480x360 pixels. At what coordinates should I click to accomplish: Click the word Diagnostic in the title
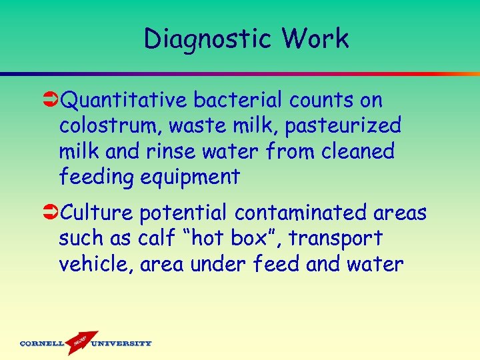click(x=204, y=39)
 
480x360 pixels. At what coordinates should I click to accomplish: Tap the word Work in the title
click(x=315, y=39)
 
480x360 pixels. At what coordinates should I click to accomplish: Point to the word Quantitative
click(x=124, y=101)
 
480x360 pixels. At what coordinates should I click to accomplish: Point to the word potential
click(x=183, y=213)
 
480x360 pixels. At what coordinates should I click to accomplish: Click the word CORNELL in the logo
click(x=41, y=344)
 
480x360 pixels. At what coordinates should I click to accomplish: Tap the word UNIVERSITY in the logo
click(x=121, y=344)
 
